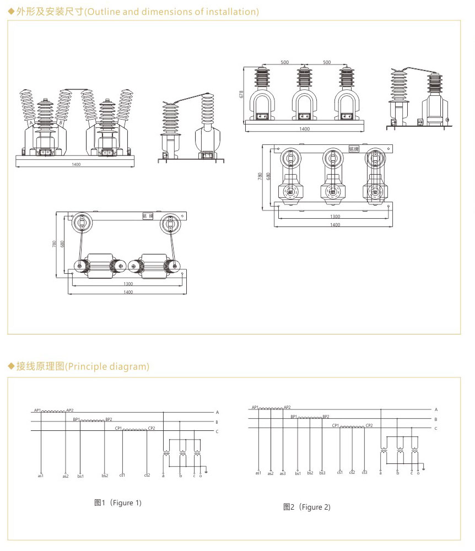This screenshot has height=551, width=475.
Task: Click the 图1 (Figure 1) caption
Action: point(118,503)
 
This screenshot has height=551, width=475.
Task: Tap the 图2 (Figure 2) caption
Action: point(307,507)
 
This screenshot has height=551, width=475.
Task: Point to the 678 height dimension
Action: point(241,95)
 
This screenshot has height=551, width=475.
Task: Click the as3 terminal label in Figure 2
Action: point(283,473)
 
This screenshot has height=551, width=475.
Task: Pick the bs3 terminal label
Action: point(322,473)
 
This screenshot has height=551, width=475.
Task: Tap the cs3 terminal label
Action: point(365,473)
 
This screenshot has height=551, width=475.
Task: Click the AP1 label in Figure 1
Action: point(37,410)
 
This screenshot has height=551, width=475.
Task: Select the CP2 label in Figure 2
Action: point(369,425)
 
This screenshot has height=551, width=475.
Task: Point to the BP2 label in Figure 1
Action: point(109,419)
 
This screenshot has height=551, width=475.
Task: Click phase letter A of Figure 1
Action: point(217,412)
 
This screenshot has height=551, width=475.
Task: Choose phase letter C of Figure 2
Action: point(436,428)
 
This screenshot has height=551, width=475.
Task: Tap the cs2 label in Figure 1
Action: point(147,476)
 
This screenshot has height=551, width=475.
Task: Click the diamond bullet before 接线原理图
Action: point(10,366)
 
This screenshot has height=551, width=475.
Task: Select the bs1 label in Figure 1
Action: point(80,476)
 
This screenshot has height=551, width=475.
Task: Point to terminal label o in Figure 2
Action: point(418,473)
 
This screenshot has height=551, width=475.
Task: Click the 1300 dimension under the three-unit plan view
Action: point(334,217)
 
